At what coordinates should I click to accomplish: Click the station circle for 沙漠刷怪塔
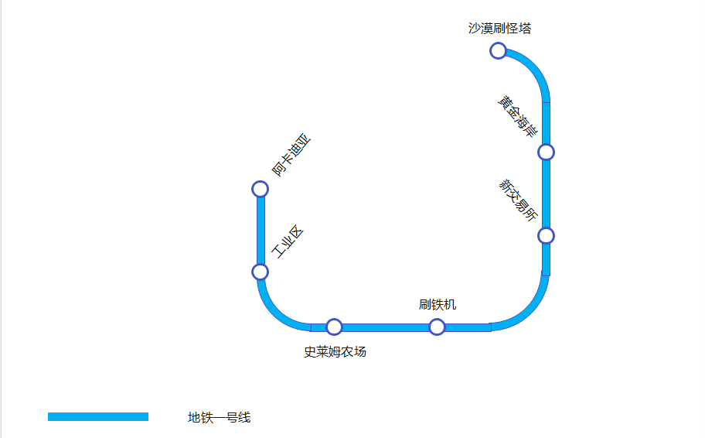(x=499, y=51)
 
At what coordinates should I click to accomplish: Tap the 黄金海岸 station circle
(x=546, y=152)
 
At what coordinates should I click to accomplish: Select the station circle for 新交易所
(x=546, y=235)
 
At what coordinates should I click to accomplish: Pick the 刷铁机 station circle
(x=437, y=327)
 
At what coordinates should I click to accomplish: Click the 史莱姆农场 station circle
(x=334, y=327)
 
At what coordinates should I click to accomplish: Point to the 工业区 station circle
(x=261, y=272)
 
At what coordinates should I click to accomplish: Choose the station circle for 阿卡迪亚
(x=261, y=189)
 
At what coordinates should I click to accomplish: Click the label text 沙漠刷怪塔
(x=499, y=29)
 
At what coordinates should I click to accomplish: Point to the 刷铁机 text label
(x=438, y=304)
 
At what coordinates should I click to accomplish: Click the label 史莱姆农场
(x=335, y=352)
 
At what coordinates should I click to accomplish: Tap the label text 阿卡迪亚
(x=290, y=156)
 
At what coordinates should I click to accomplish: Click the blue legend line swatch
(x=98, y=417)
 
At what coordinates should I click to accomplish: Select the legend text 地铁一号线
(x=219, y=418)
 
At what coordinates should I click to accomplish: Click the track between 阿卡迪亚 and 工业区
(x=261, y=231)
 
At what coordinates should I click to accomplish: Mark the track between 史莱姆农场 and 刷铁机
(x=385, y=327)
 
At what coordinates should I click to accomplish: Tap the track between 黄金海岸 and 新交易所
(x=546, y=193)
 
